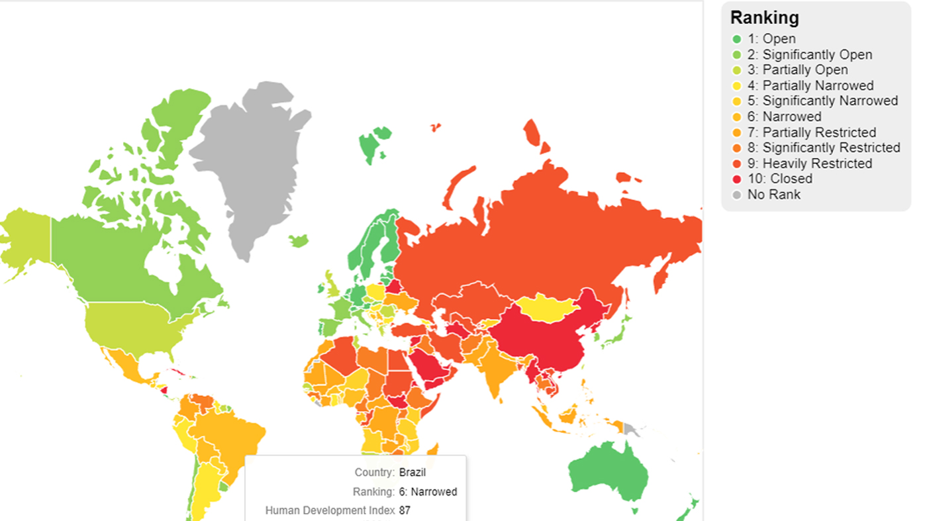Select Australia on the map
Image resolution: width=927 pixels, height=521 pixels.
(x=606, y=473)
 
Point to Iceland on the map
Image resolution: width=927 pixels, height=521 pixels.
(x=299, y=240)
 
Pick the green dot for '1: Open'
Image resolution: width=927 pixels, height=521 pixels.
(x=736, y=39)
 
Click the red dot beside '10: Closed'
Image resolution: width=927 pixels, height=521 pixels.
(x=736, y=179)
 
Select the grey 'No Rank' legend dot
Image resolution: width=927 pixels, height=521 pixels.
(x=736, y=195)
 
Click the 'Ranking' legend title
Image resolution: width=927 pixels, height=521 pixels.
(x=764, y=18)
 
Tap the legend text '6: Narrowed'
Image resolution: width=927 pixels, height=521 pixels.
(x=792, y=117)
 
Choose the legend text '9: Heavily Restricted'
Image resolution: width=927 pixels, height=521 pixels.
(x=817, y=164)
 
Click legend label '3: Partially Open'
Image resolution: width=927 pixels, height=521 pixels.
(x=805, y=70)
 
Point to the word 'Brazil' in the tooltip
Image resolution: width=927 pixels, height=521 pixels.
(x=413, y=473)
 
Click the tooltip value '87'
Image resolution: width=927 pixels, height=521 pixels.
(x=405, y=510)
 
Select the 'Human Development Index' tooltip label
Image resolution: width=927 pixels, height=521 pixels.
(x=330, y=510)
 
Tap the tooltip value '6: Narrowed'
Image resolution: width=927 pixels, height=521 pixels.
(x=428, y=492)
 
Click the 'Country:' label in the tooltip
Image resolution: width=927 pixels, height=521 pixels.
(x=375, y=473)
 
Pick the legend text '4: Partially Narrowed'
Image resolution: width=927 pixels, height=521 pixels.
(x=818, y=86)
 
